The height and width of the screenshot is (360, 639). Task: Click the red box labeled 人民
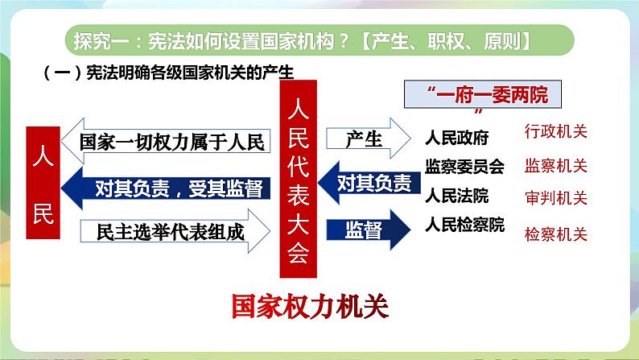(44, 181)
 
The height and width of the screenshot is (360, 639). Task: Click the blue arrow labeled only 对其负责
(367, 183)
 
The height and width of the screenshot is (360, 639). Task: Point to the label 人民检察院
(464, 225)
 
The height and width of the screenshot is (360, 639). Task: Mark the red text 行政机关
(555, 133)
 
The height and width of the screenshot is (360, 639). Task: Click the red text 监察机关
(555, 166)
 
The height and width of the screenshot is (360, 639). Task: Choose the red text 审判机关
(555, 198)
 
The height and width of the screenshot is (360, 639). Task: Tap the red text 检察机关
(555, 235)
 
